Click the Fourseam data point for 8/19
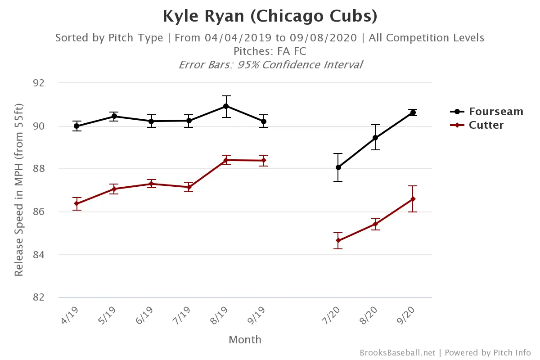pyautogui.click(x=226, y=106)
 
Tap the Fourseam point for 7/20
pyautogui.click(x=338, y=167)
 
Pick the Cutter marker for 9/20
pyautogui.click(x=413, y=199)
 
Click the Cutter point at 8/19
pyautogui.click(x=226, y=160)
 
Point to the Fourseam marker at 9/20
pyautogui.click(x=413, y=112)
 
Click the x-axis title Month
pyautogui.click(x=245, y=339)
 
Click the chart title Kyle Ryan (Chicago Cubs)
pyautogui.click(x=270, y=16)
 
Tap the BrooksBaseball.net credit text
pyautogui.click(x=397, y=353)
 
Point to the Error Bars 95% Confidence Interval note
pyautogui.click(x=270, y=64)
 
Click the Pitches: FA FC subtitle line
pyautogui.click(x=270, y=51)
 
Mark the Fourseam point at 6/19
pyautogui.click(x=151, y=121)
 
